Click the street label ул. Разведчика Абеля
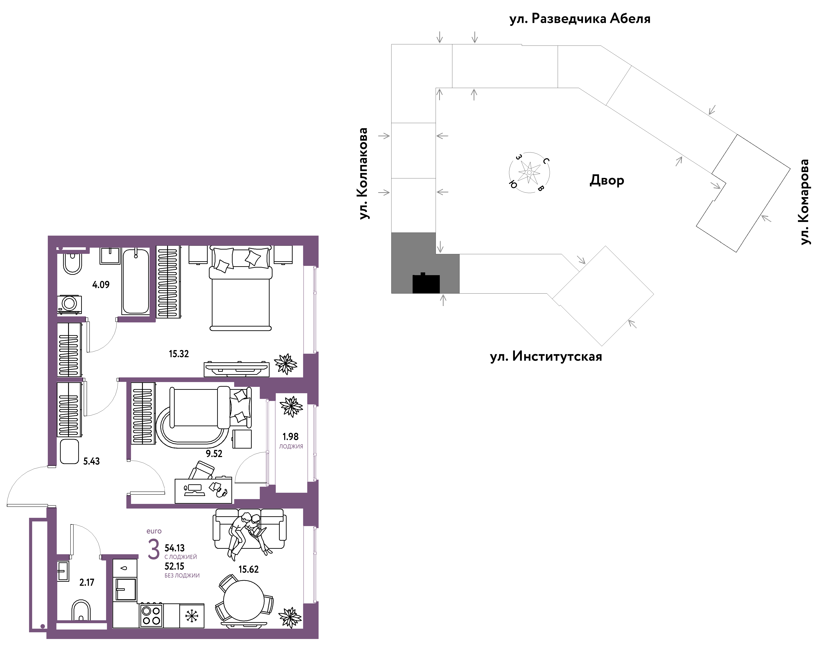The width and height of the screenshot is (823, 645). pyautogui.click(x=580, y=19)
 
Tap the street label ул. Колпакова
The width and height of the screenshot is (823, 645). pyautogui.click(x=363, y=174)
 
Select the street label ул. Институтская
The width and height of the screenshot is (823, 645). pyautogui.click(x=546, y=356)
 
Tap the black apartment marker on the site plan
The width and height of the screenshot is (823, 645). pyautogui.click(x=426, y=283)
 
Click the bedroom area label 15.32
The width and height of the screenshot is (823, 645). pyautogui.click(x=179, y=354)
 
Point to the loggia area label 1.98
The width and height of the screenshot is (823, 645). pyautogui.click(x=290, y=437)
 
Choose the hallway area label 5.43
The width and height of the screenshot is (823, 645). pyautogui.click(x=91, y=461)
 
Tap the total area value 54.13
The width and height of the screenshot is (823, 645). pyautogui.click(x=175, y=548)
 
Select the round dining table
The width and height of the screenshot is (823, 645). pyautogui.click(x=244, y=600)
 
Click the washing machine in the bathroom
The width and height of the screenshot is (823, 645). pyautogui.click(x=69, y=304)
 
